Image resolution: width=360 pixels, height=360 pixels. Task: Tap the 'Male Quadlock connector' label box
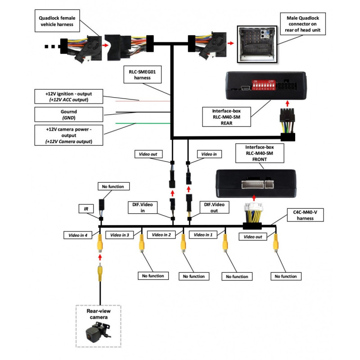click(x=303, y=23)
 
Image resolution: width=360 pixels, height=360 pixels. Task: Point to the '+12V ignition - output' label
click(x=68, y=96)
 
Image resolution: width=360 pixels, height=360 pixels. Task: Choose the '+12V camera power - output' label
click(x=68, y=135)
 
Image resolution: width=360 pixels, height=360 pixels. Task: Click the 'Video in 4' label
click(x=77, y=234)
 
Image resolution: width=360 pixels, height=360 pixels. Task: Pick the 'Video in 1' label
click(x=203, y=234)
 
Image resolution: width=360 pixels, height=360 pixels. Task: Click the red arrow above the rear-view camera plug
click(x=100, y=256)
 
